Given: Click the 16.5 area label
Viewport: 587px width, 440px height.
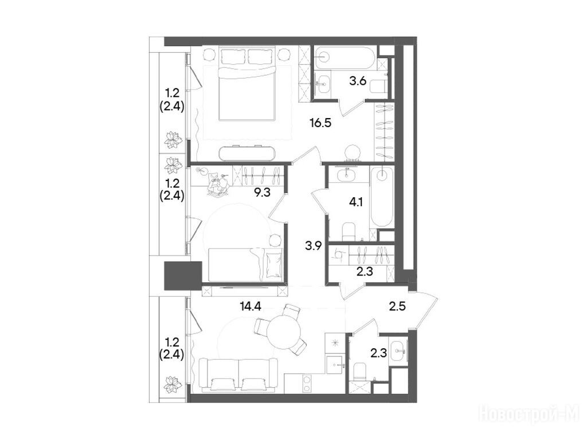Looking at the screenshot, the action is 321,123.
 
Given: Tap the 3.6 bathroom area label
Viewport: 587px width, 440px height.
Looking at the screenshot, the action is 358,81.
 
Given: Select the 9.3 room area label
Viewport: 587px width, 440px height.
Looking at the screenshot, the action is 262,192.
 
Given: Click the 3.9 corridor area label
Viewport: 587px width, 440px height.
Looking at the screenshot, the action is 314,246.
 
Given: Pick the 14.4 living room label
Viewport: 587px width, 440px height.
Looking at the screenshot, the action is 250,307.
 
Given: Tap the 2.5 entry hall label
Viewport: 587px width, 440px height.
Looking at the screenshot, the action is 397,307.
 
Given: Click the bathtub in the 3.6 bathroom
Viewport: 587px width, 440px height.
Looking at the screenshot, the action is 344,58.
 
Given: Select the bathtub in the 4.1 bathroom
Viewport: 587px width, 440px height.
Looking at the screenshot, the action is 382,197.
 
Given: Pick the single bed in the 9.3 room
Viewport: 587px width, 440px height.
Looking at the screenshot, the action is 245,264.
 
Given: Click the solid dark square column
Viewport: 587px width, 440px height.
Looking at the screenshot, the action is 183,276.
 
